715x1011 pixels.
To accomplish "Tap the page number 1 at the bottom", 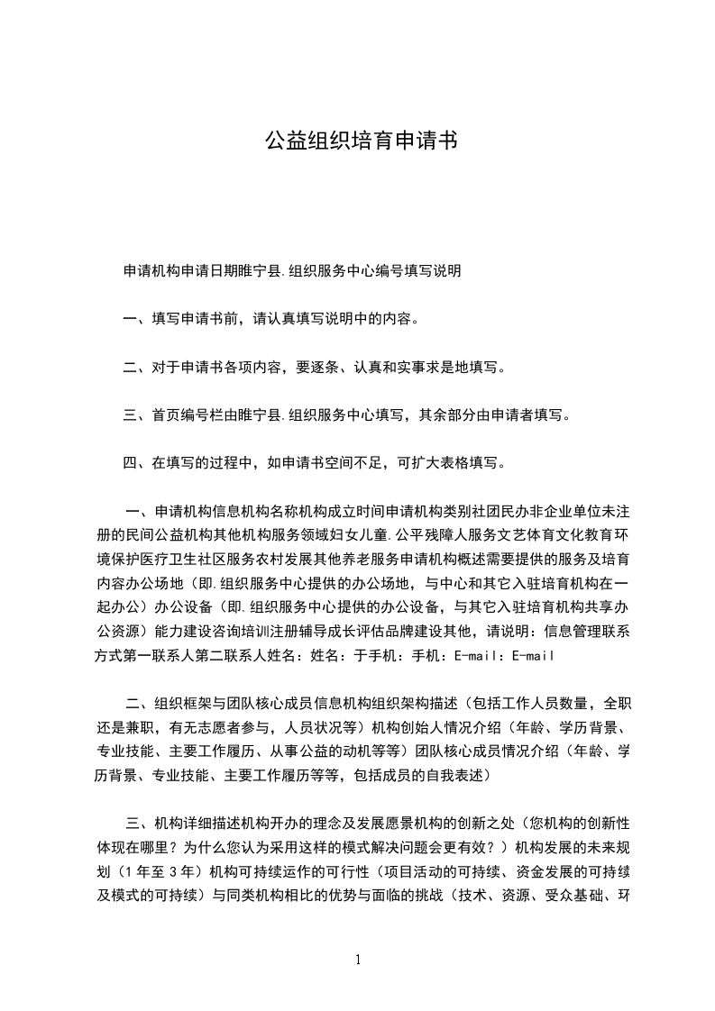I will (x=358, y=960).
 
